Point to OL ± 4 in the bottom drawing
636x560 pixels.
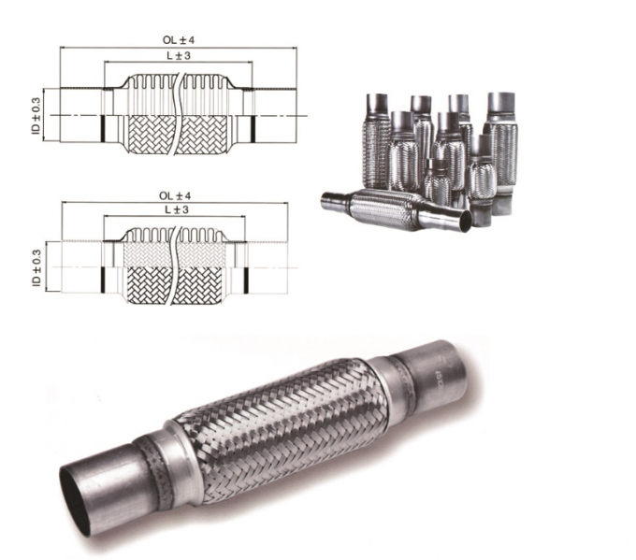tap(176, 195)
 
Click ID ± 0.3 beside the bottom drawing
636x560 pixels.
tap(36, 268)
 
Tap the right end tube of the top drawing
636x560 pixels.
tap(271, 114)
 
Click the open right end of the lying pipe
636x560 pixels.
tap(460, 222)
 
